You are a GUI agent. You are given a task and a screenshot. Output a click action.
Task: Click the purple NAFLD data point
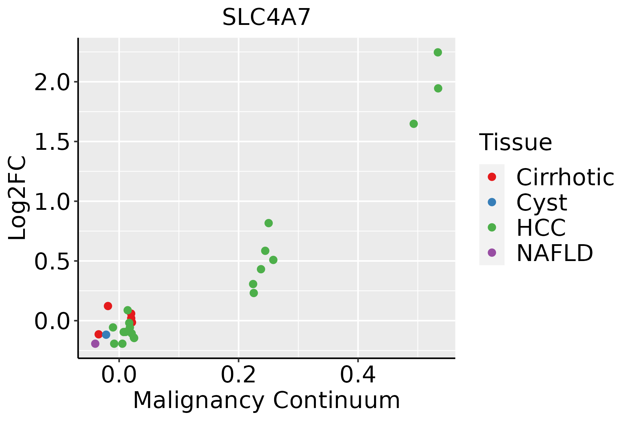pyautogui.click(x=95, y=343)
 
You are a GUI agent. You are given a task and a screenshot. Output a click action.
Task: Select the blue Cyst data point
pyautogui.click(x=106, y=335)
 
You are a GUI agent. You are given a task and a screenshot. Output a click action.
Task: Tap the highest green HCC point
pyautogui.click(x=438, y=52)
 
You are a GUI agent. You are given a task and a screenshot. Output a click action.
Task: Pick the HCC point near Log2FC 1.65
pyautogui.click(x=414, y=124)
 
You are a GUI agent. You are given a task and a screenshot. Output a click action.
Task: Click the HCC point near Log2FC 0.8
pyautogui.click(x=269, y=223)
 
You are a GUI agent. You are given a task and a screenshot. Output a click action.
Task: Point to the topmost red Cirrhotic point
pyautogui.click(x=108, y=306)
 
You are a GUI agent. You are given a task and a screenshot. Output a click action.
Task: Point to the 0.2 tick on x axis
pyautogui.click(x=238, y=375)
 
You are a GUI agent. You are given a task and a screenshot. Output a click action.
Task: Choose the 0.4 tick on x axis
pyautogui.click(x=358, y=375)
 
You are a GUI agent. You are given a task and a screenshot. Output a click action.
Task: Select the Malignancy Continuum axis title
pyautogui.click(x=266, y=400)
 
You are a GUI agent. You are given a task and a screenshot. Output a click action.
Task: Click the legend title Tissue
pyautogui.click(x=516, y=142)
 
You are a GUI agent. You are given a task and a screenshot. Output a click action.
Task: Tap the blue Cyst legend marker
pyautogui.click(x=492, y=202)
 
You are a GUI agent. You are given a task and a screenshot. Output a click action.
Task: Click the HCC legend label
pyautogui.click(x=541, y=227)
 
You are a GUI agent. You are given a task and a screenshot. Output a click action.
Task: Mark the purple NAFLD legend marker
pyautogui.click(x=492, y=252)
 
